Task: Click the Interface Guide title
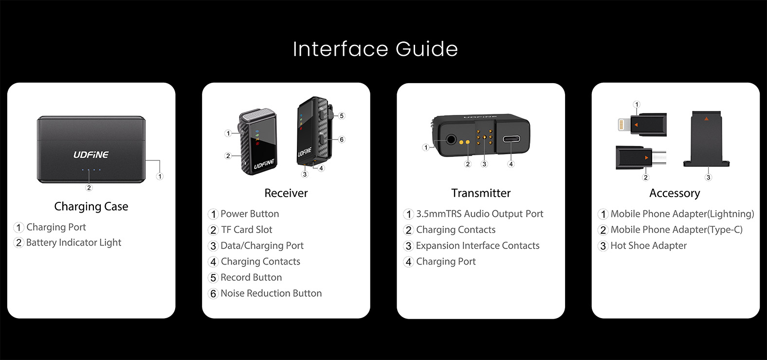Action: (x=375, y=49)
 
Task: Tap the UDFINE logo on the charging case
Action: (x=91, y=155)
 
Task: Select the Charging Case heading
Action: (x=91, y=206)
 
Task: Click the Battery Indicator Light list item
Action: (x=68, y=243)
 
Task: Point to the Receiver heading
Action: (x=286, y=193)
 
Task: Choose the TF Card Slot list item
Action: (x=240, y=230)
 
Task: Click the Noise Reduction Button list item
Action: (x=265, y=293)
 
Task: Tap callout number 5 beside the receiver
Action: (x=341, y=116)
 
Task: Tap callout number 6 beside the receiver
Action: (x=341, y=139)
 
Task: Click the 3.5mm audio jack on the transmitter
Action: (x=451, y=140)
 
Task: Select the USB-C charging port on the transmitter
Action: (x=511, y=139)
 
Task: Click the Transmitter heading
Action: (x=481, y=193)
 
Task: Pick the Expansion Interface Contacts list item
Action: (x=471, y=246)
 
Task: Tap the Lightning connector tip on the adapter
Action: (x=622, y=125)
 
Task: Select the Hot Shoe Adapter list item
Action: (x=642, y=246)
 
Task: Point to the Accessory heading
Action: (x=675, y=193)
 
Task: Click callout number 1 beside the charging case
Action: (x=160, y=176)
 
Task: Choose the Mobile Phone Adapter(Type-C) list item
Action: (x=671, y=230)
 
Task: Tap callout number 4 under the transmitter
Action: (x=511, y=164)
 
